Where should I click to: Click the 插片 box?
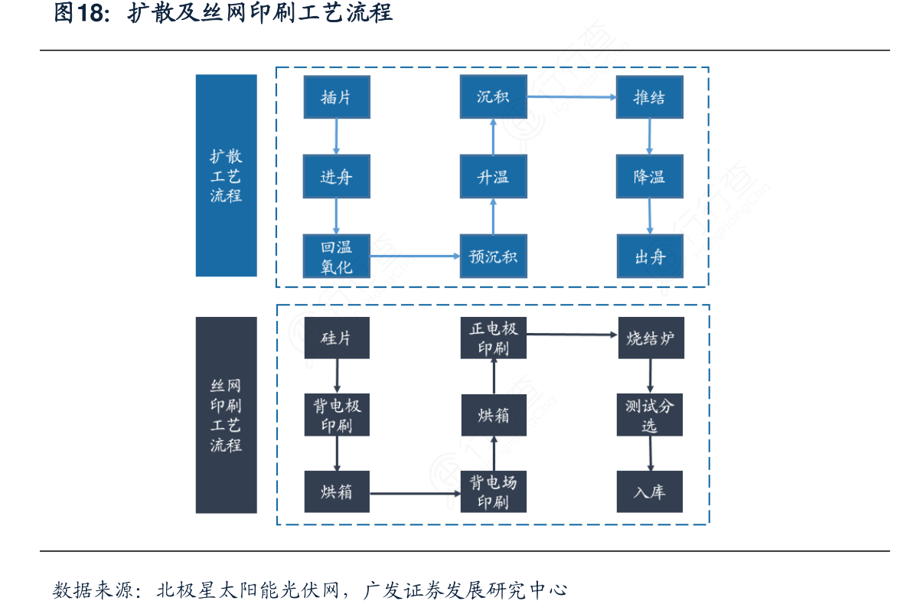pos(336,97)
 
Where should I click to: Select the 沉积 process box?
pos(493,97)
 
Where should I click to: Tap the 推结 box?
pos(649,97)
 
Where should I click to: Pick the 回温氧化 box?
pos(336,256)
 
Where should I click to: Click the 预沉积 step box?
pos(493,256)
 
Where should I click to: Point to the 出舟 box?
pos(649,256)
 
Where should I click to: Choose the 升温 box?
pos(493,177)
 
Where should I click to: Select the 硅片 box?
pos(336,338)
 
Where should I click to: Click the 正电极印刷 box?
pos(493,338)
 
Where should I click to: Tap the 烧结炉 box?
pos(651,338)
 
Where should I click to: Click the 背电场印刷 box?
pos(493,492)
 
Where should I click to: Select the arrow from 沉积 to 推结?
pos(571,97)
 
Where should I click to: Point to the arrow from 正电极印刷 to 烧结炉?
pos(571,335)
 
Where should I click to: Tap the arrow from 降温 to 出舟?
pos(650,216)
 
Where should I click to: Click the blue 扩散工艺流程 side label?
pos(226,175)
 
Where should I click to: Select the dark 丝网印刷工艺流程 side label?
pos(226,415)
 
